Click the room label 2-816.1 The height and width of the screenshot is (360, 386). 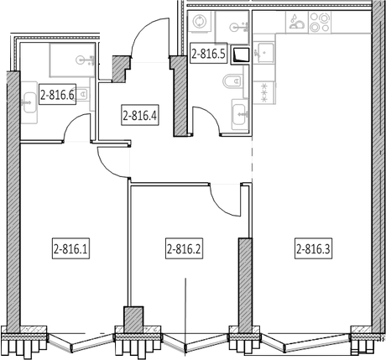point(71,248)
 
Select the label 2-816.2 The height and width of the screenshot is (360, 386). point(184,248)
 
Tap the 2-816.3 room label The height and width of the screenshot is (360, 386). point(313,248)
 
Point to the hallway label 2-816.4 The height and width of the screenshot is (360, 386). point(140,115)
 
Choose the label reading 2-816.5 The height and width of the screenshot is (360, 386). point(208,53)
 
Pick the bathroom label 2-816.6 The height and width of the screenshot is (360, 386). point(57,94)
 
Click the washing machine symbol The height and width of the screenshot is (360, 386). point(199,22)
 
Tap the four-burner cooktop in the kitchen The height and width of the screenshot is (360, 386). point(320,23)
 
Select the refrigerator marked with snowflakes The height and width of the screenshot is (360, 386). point(264,92)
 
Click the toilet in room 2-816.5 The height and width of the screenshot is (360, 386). point(233,81)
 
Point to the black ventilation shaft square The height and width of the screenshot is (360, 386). point(240,55)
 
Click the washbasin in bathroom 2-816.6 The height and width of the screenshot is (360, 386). point(29,102)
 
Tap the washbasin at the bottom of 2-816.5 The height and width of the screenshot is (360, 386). point(240,114)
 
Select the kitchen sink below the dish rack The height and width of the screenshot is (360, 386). point(263,53)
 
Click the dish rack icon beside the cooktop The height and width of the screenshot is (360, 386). point(296,23)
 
